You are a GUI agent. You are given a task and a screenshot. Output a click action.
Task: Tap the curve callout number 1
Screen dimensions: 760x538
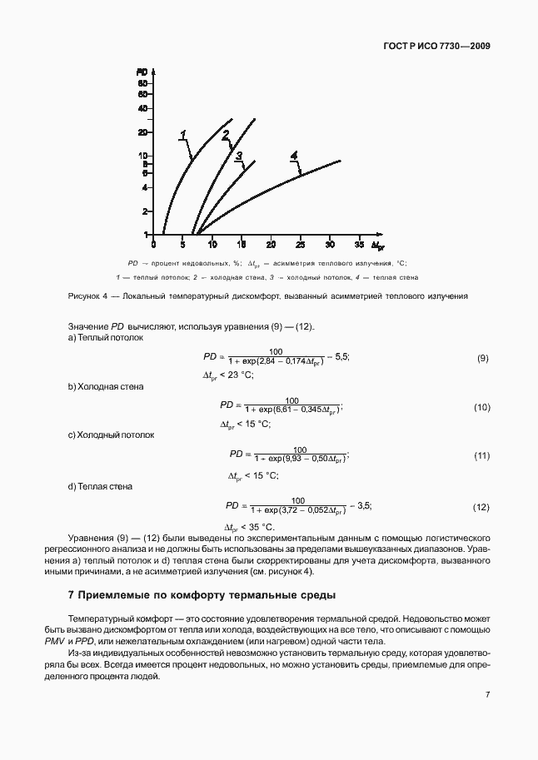pos(182,134)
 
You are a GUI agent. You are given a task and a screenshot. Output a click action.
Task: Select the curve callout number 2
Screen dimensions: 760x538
pos(225,137)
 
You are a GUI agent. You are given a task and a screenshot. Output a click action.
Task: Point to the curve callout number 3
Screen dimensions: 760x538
pos(238,156)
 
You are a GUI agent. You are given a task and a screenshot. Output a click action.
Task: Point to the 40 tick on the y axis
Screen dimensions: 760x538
pos(143,108)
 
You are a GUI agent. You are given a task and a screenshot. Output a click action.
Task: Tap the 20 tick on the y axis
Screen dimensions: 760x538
pos(143,132)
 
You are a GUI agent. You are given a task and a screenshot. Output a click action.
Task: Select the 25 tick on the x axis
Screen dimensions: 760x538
pos(300,246)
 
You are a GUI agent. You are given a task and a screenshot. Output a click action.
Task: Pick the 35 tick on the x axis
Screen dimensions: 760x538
pos(359,246)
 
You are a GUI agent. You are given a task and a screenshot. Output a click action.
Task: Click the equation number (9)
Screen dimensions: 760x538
pos(482,358)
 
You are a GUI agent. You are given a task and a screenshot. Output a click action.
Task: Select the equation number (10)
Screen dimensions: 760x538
pos(481,407)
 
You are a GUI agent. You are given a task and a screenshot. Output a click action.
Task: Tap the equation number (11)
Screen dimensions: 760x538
pos(481,457)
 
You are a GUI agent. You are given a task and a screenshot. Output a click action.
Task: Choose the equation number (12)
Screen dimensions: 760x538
pos(481,507)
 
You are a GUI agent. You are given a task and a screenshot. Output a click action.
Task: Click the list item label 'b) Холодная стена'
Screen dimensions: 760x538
pos(105,386)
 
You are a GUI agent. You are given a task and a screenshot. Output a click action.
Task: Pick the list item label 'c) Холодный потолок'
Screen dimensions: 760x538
pos(110,435)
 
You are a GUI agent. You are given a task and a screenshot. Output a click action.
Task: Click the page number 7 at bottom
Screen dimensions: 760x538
pos(486,694)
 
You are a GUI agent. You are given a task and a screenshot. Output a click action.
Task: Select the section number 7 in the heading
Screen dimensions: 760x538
pos(70,596)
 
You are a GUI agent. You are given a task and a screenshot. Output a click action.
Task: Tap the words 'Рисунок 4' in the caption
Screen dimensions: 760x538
pos(87,296)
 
